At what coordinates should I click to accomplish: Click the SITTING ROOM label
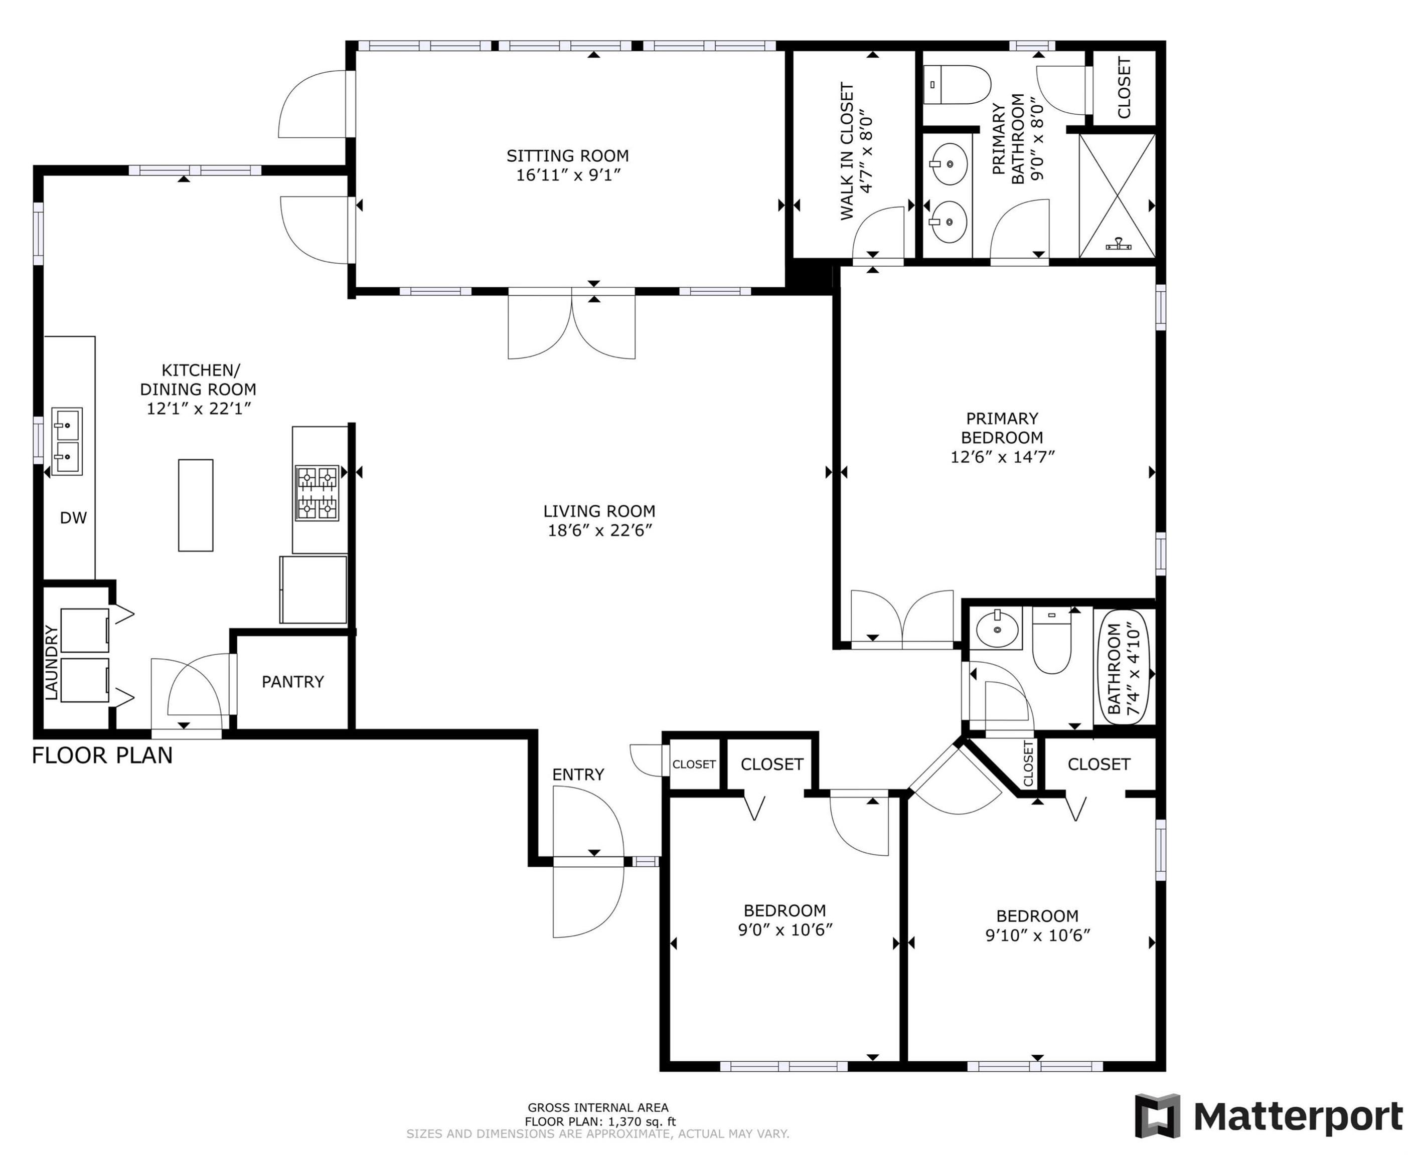tap(567, 156)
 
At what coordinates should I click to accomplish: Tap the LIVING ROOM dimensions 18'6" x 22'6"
tap(599, 530)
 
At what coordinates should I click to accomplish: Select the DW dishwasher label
tap(73, 518)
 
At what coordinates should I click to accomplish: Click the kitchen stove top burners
tap(317, 493)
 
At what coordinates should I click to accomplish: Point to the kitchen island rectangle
tap(196, 505)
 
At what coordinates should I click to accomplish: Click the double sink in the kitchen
tap(67, 441)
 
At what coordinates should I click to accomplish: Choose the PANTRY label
tap(293, 681)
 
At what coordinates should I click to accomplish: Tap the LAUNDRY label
tap(51, 663)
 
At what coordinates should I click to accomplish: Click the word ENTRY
tap(578, 775)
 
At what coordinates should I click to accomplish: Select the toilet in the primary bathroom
tap(957, 85)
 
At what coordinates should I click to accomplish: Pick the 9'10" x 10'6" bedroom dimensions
tap(1038, 935)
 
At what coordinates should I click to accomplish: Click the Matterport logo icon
tap(1157, 1116)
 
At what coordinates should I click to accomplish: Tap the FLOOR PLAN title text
tap(102, 756)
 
